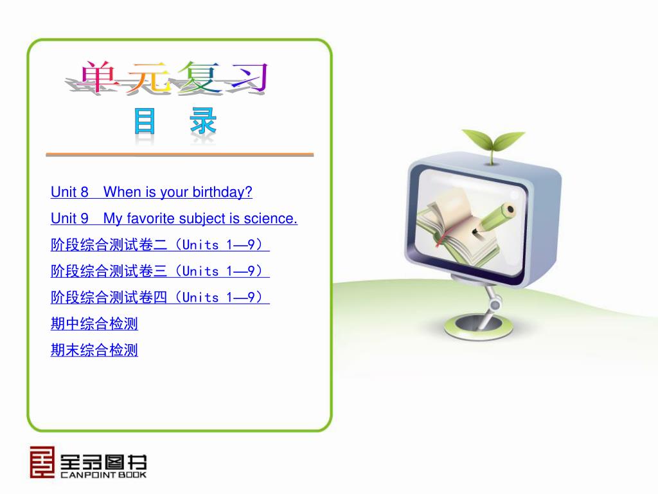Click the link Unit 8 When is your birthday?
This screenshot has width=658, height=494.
pos(152,192)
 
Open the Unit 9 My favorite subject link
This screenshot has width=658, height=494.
pos(174,219)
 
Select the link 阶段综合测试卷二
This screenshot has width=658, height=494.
pos(160,244)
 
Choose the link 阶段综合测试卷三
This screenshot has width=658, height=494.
pos(160,271)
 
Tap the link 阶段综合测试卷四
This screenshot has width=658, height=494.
pos(160,297)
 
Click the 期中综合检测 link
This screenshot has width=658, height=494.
pos(94,324)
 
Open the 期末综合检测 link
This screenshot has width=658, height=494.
pos(94,350)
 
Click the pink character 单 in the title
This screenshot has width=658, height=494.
pos(98,77)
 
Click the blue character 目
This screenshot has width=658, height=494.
pos(145,120)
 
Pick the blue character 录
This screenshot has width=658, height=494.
pos(203,120)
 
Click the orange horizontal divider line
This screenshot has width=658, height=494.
pos(180,155)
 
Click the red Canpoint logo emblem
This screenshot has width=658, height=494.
pos(42,462)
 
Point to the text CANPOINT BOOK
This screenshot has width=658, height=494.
pos(103,475)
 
